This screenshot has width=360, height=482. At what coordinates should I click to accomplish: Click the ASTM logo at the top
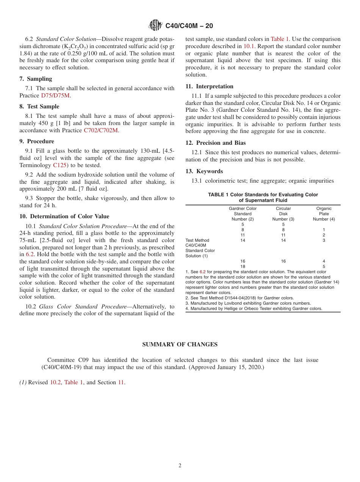coord(155,26)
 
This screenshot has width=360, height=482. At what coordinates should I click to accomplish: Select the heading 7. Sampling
coord(36,79)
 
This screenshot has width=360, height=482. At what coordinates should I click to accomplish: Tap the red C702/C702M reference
coord(101,130)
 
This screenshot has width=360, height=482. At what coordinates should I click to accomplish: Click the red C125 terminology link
coord(60,165)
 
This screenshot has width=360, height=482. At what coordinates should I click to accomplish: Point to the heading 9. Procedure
coord(36,141)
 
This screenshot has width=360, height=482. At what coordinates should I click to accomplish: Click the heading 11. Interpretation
coord(209,86)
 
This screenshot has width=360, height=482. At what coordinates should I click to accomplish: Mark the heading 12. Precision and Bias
coord(215,143)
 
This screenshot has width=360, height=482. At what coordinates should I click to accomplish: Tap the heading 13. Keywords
coord(204,171)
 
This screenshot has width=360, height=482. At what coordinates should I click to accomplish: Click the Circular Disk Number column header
coord(283,214)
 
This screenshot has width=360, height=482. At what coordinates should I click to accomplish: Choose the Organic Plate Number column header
coord(324,214)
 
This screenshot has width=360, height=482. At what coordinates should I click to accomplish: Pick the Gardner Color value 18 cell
coord(243,266)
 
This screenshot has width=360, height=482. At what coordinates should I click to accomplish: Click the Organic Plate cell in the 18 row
coord(324,266)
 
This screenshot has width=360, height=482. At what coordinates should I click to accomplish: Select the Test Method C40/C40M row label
coord(200,248)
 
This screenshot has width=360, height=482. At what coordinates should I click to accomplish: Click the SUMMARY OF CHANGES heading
coord(180,344)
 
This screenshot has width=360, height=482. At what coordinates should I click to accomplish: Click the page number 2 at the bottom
coord(180,466)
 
